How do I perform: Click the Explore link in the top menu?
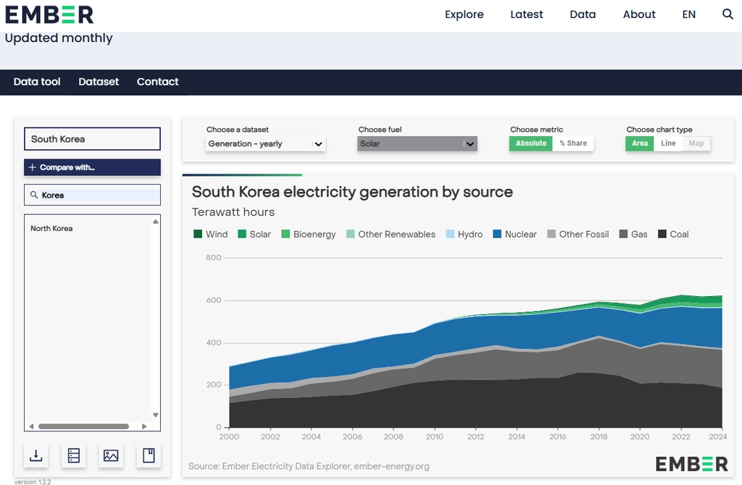point(464,14)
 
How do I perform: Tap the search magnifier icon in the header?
point(728,14)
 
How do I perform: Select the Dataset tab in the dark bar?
point(99,82)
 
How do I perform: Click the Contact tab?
point(157,82)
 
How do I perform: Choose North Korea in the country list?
point(51,228)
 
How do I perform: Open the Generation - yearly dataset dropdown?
point(265,144)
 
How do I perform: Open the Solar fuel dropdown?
point(417,144)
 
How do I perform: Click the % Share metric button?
point(573,143)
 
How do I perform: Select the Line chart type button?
point(668,143)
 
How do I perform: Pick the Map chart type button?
point(696,143)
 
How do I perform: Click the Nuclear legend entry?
point(515,234)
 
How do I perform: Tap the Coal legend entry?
point(673,234)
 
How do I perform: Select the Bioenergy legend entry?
point(309,234)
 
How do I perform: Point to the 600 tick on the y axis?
point(214,300)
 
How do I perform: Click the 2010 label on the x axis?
point(435,436)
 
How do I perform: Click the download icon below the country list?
point(36,456)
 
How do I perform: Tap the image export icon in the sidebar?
point(111,456)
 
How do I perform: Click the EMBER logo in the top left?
point(49,14)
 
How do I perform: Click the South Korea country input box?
point(92,139)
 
